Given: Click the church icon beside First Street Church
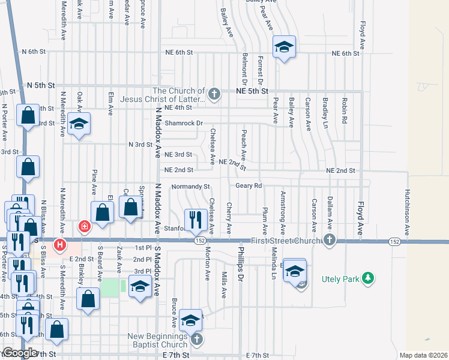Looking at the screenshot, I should click(x=328, y=241).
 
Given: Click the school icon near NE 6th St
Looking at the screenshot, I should click(x=284, y=47).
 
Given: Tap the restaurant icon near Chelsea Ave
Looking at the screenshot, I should click(x=194, y=220).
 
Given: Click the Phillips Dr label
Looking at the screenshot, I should click(x=241, y=259).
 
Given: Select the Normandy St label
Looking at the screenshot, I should click(x=190, y=186).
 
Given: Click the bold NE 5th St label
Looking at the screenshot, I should click(x=252, y=91).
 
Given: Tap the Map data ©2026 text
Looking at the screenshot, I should click(x=423, y=355).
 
